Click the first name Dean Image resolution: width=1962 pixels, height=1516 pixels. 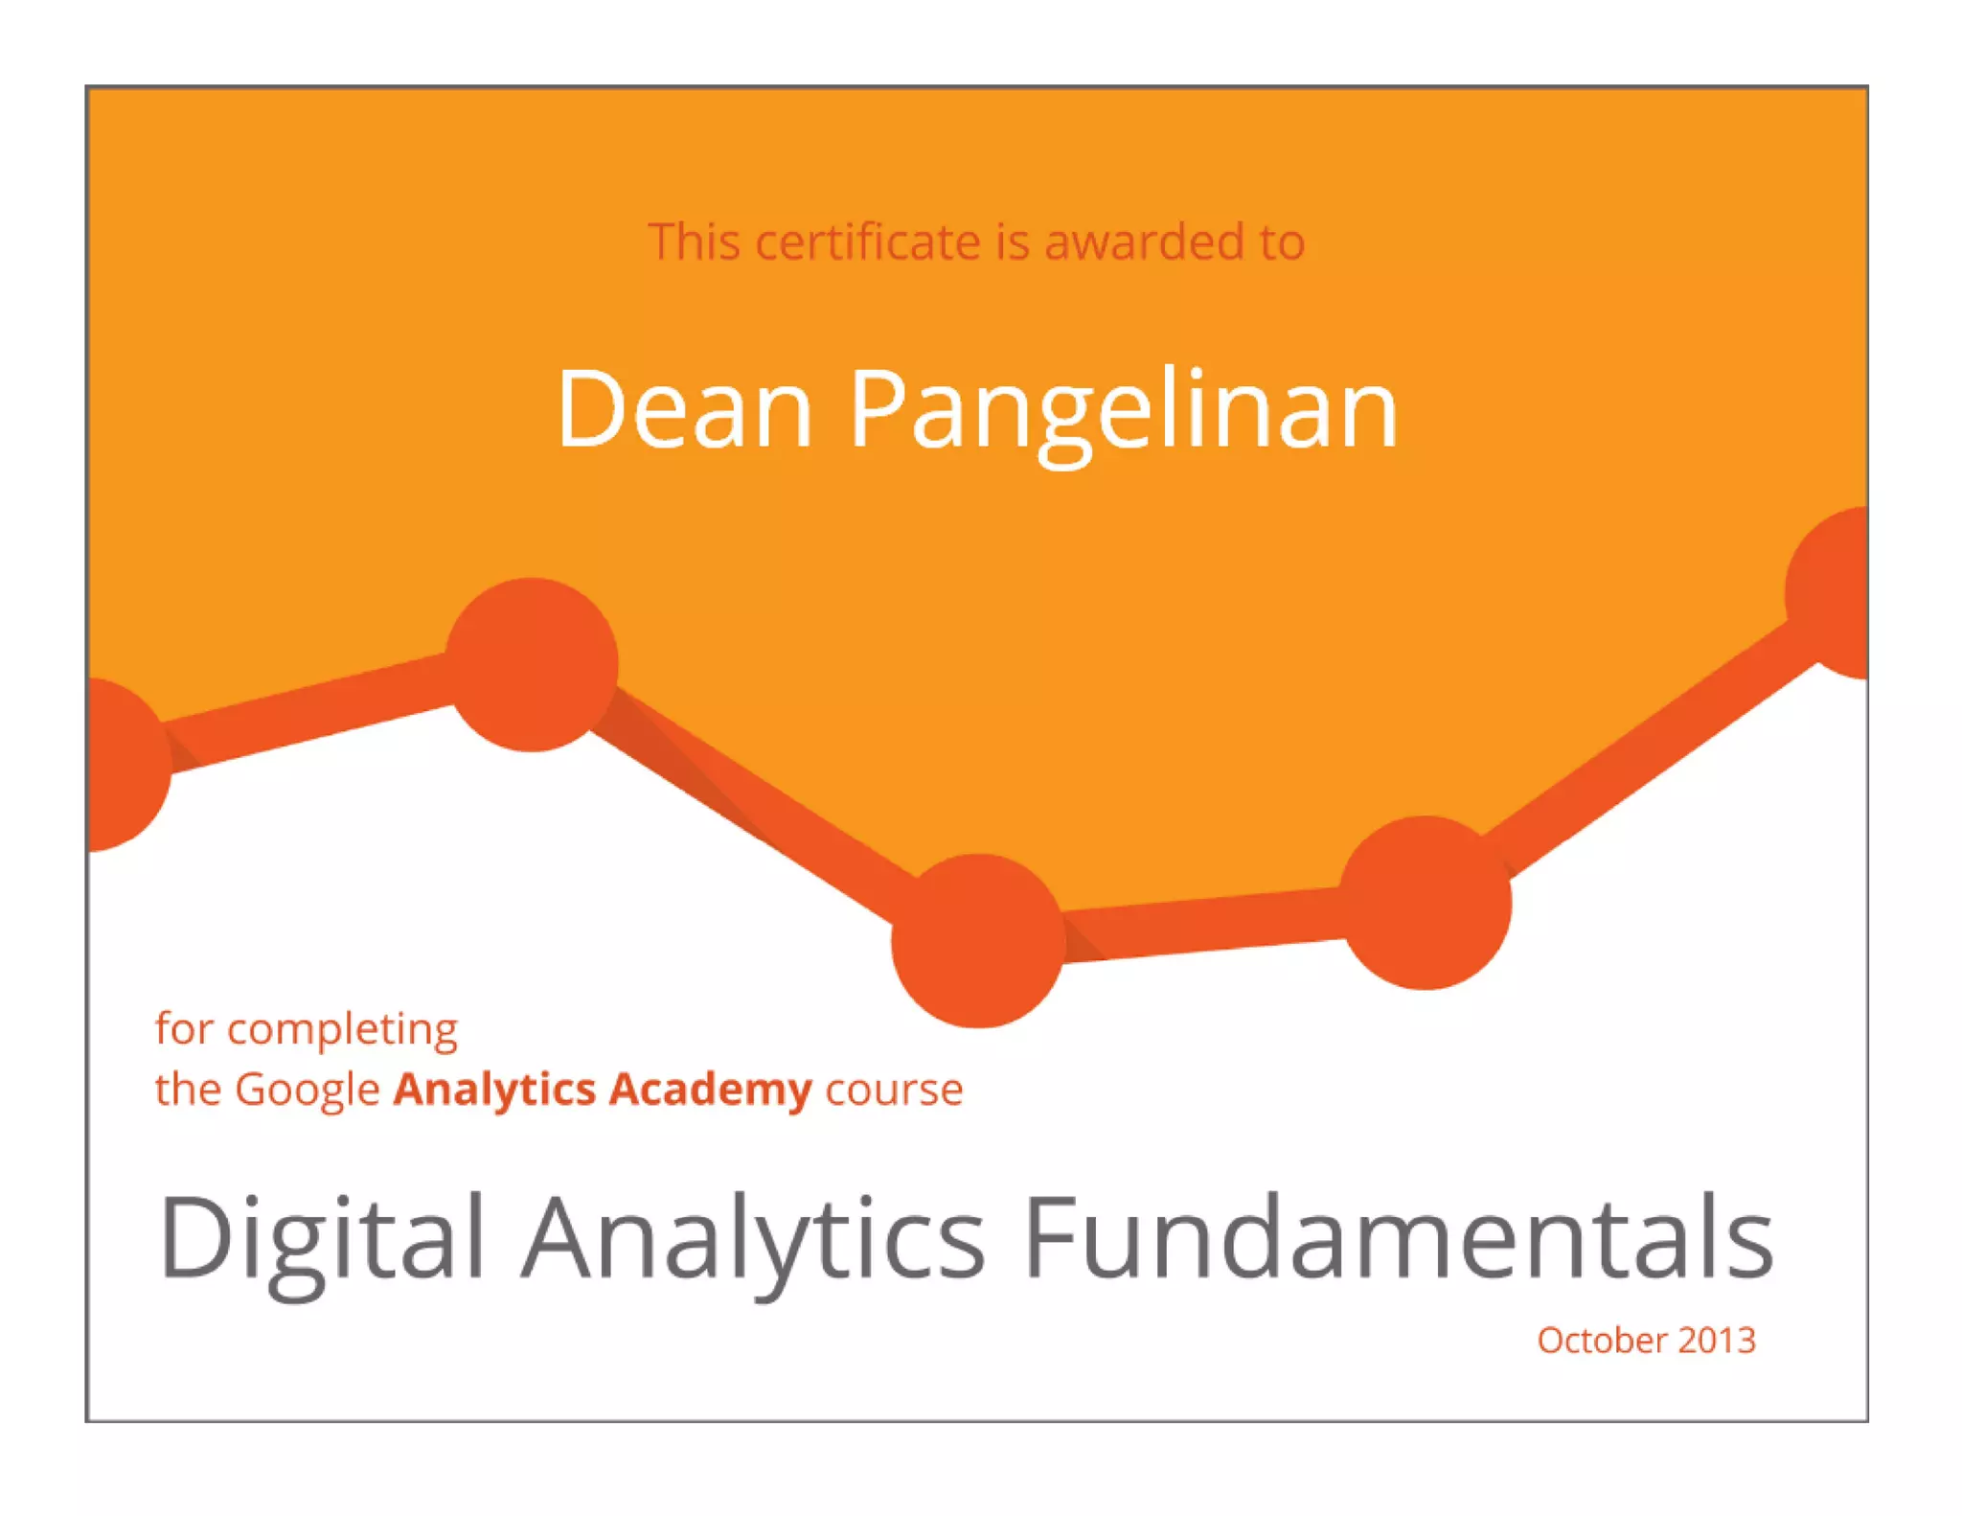click(x=685, y=410)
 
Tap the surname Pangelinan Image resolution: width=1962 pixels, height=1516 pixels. click(x=1123, y=412)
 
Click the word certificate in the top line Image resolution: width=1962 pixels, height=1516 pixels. click(x=870, y=241)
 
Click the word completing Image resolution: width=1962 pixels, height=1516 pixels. click(x=342, y=1030)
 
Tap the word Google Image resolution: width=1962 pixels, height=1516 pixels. click(x=308, y=1091)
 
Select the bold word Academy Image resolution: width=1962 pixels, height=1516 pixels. click(x=710, y=1091)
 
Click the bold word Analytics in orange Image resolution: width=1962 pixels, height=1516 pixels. click(x=494, y=1091)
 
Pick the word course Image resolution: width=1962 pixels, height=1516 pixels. click(x=894, y=1091)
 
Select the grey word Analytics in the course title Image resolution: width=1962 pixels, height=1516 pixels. click(x=752, y=1238)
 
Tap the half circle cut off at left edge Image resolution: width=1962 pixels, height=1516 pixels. click(x=125, y=765)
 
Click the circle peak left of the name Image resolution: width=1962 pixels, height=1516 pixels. click(x=532, y=664)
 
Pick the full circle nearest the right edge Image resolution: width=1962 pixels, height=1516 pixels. click(x=1425, y=903)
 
